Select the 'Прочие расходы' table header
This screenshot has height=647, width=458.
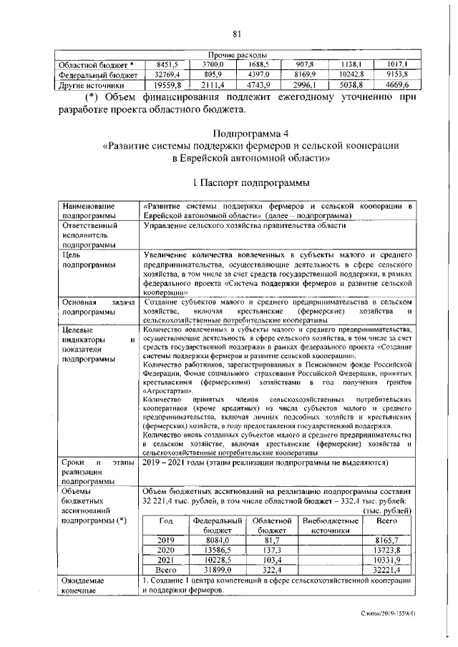pyautogui.click(x=237, y=55)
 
